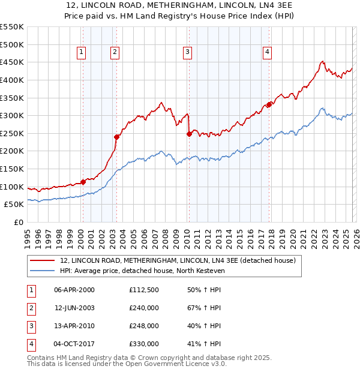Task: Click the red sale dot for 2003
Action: pyautogui.click(x=117, y=137)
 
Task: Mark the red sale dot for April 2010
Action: pyautogui.click(x=189, y=134)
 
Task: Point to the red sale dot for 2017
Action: pyautogui.click(x=269, y=104)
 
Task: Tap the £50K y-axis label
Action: pyautogui.click(x=14, y=205)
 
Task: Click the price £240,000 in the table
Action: pyautogui.click(x=144, y=308)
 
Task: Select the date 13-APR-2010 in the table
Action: pyautogui.click(x=74, y=326)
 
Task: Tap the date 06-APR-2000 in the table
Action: pyautogui.click(x=74, y=290)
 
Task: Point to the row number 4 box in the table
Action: pyautogui.click(x=31, y=344)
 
